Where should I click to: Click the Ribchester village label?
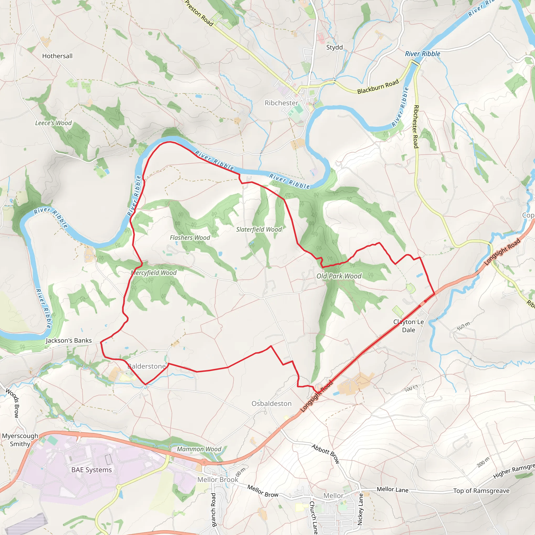pyautogui.click(x=281, y=103)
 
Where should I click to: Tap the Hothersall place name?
pyautogui.click(x=57, y=56)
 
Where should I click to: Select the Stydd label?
pyautogui.click(x=335, y=47)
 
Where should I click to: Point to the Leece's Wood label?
pyautogui.click(x=54, y=123)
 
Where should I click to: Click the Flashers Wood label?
pyautogui.click(x=190, y=238)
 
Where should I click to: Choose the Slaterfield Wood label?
pyautogui.click(x=259, y=229)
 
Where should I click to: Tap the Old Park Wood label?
pyautogui.click(x=339, y=276)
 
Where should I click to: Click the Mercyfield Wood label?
pyautogui.click(x=154, y=273)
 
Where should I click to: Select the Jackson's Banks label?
pyautogui.click(x=69, y=341)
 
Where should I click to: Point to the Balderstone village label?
pyautogui.click(x=147, y=366)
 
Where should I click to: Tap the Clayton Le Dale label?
pyautogui.click(x=409, y=326)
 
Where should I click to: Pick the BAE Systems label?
pyautogui.click(x=92, y=470)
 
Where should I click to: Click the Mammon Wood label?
pyautogui.click(x=199, y=449)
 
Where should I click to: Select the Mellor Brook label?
pyautogui.click(x=218, y=480)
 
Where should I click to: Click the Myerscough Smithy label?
pyautogui.click(x=20, y=440)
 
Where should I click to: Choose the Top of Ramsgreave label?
pyautogui.click(x=481, y=491)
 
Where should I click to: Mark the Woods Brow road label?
pyautogui.click(x=13, y=403)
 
